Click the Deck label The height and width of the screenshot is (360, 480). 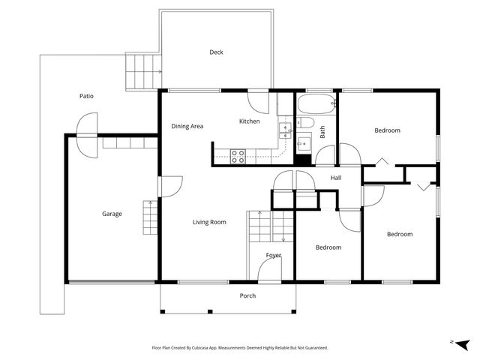[216, 52]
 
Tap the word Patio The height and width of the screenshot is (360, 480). [86, 96]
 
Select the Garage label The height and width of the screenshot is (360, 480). [112, 214]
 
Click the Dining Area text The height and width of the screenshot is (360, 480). [187, 126]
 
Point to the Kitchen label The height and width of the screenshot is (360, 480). [250, 121]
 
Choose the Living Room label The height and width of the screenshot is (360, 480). [209, 222]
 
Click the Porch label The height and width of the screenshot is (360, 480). [247, 295]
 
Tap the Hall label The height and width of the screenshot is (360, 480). [336, 178]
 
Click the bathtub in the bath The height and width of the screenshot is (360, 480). [316, 103]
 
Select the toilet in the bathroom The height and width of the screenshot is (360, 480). [305, 123]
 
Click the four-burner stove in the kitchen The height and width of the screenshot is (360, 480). [238, 156]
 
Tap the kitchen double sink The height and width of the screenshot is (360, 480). [285, 130]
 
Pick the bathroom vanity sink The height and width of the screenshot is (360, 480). [304, 143]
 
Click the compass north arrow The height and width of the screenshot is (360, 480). [463, 344]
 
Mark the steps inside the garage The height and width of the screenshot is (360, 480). [150, 217]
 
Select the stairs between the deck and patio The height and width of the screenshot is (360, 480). [143, 72]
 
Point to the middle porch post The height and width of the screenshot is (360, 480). [210, 312]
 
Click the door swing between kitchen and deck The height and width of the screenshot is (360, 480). [258, 103]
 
